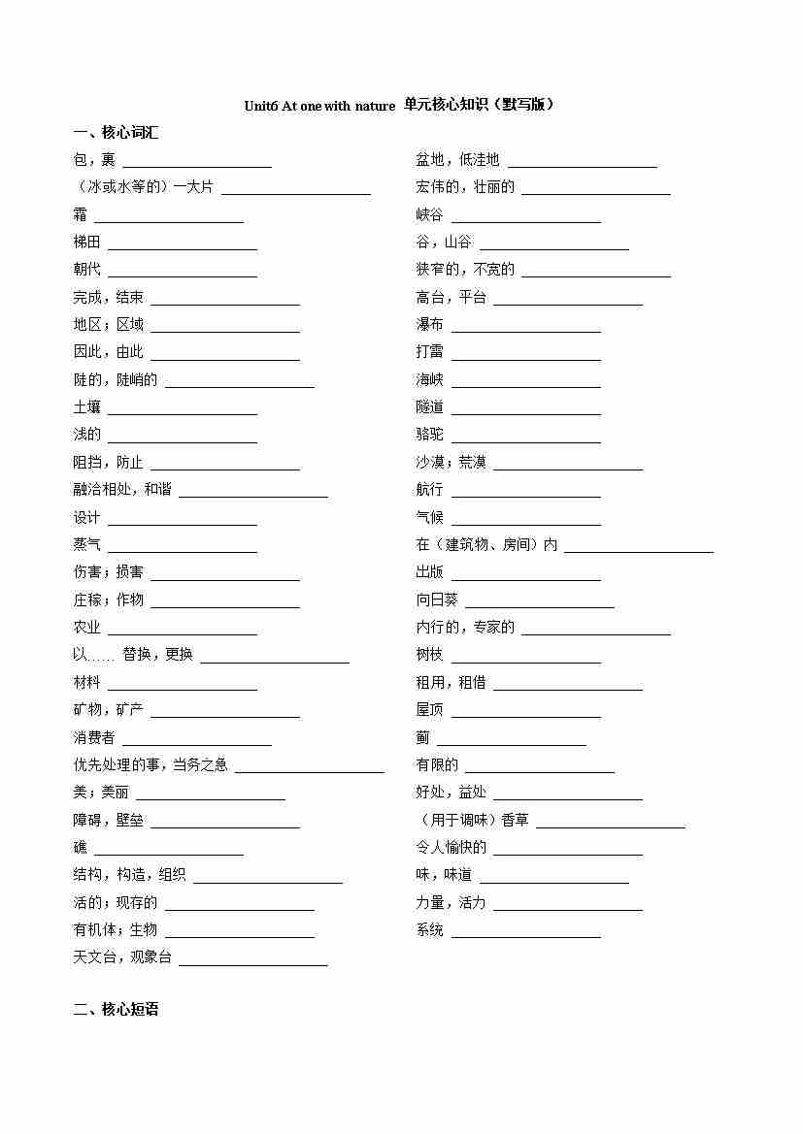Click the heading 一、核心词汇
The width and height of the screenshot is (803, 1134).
coord(116,133)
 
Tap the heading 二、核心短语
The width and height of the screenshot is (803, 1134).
coord(116,1010)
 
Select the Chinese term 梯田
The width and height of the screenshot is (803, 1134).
coord(86,243)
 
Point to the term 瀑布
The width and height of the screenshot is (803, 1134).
coord(429,325)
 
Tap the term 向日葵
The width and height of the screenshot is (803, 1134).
coord(437,600)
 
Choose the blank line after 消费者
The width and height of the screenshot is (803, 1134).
coord(196,745)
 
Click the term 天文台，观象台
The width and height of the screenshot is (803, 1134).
coord(122,957)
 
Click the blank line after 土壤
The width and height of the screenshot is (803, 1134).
coord(182,413)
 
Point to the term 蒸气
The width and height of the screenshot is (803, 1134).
coord(86,545)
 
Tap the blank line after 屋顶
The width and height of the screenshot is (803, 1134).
coord(525,717)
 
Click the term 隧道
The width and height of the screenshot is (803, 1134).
coord(429,407)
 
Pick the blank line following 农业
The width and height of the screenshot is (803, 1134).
coord(182,633)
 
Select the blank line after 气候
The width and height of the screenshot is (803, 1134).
coord(525,524)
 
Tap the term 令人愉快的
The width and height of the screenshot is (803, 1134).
coord(451,848)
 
